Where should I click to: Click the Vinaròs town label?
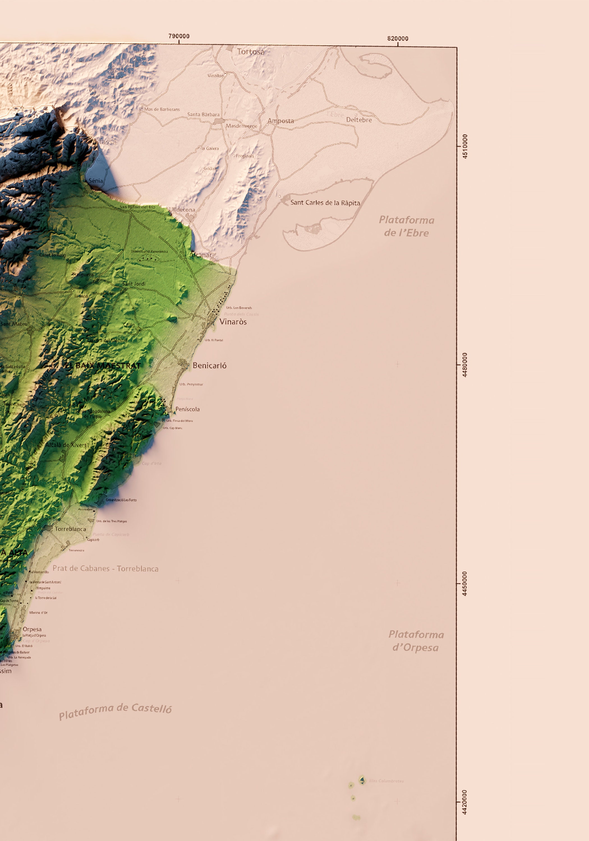click(x=233, y=322)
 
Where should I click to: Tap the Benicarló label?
click(x=209, y=366)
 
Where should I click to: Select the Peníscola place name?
click(x=187, y=409)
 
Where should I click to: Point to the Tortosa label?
click(x=250, y=52)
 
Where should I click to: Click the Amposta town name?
click(x=280, y=121)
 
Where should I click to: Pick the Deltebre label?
click(x=359, y=120)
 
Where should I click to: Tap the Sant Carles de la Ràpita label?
click(x=325, y=203)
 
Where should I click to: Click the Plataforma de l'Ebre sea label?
click(x=406, y=226)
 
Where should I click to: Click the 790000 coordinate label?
click(x=179, y=36)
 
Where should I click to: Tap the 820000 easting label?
click(x=398, y=38)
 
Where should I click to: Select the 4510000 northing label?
click(x=465, y=146)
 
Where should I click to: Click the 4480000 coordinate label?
click(x=465, y=365)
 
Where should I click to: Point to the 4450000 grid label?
click(x=465, y=583)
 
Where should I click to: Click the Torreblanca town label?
click(x=70, y=529)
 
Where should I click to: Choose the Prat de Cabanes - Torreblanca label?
click(x=105, y=569)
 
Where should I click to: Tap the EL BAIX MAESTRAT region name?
click(x=103, y=366)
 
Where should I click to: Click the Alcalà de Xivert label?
click(x=66, y=445)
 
